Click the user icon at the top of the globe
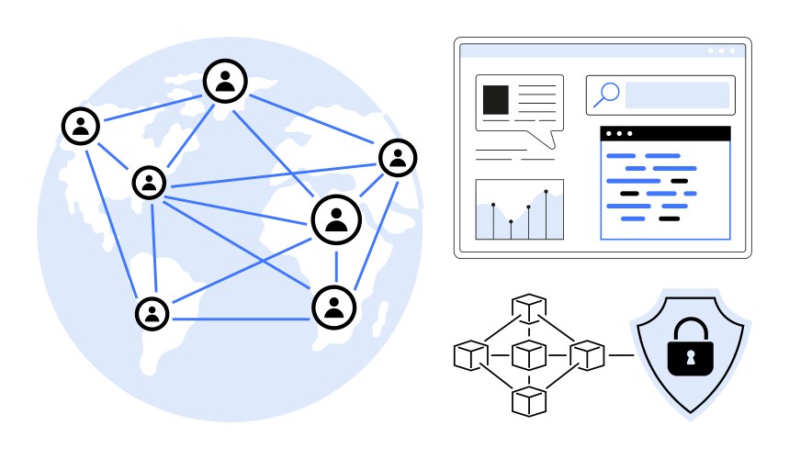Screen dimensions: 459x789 click(x=225, y=82)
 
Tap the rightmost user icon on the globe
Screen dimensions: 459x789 click(x=398, y=158)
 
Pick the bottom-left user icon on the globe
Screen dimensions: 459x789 click(x=152, y=314)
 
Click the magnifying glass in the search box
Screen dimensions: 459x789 click(x=607, y=93)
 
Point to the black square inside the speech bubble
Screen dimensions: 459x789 click(x=496, y=99)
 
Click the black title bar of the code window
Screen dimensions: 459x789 click(x=665, y=134)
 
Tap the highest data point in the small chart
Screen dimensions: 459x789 click(x=547, y=192)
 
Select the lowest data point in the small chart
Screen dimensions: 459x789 click(x=511, y=222)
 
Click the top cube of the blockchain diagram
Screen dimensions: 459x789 click(x=529, y=306)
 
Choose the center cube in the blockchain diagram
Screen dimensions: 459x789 click(x=529, y=353)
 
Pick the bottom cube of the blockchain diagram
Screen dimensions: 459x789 click(x=529, y=399)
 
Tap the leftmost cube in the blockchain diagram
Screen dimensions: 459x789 click(x=469, y=355)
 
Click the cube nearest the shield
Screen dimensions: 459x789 click(x=586, y=353)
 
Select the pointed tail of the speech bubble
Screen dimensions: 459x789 click(x=550, y=140)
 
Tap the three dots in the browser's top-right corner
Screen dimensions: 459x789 click(x=722, y=50)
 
